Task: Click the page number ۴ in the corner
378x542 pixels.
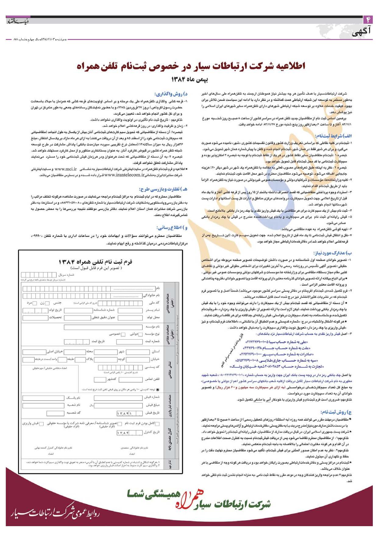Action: [x=368, y=20]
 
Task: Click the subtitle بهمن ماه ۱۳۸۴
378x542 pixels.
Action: [x=189, y=80]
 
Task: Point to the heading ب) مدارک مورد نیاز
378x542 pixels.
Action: [x=333, y=253]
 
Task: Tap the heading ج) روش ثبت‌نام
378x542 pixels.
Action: [x=336, y=412]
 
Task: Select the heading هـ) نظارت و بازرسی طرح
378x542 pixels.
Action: [x=163, y=189]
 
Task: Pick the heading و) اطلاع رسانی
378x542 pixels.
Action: [x=172, y=228]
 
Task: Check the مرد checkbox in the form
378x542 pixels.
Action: [x=34, y=303]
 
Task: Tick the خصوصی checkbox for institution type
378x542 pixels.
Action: [x=123, y=334]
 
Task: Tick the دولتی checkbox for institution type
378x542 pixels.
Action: [x=140, y=334]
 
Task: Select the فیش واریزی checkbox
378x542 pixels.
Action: [x=41, y=424]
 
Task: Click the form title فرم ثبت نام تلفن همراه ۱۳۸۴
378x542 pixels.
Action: [x=95, y=262]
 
